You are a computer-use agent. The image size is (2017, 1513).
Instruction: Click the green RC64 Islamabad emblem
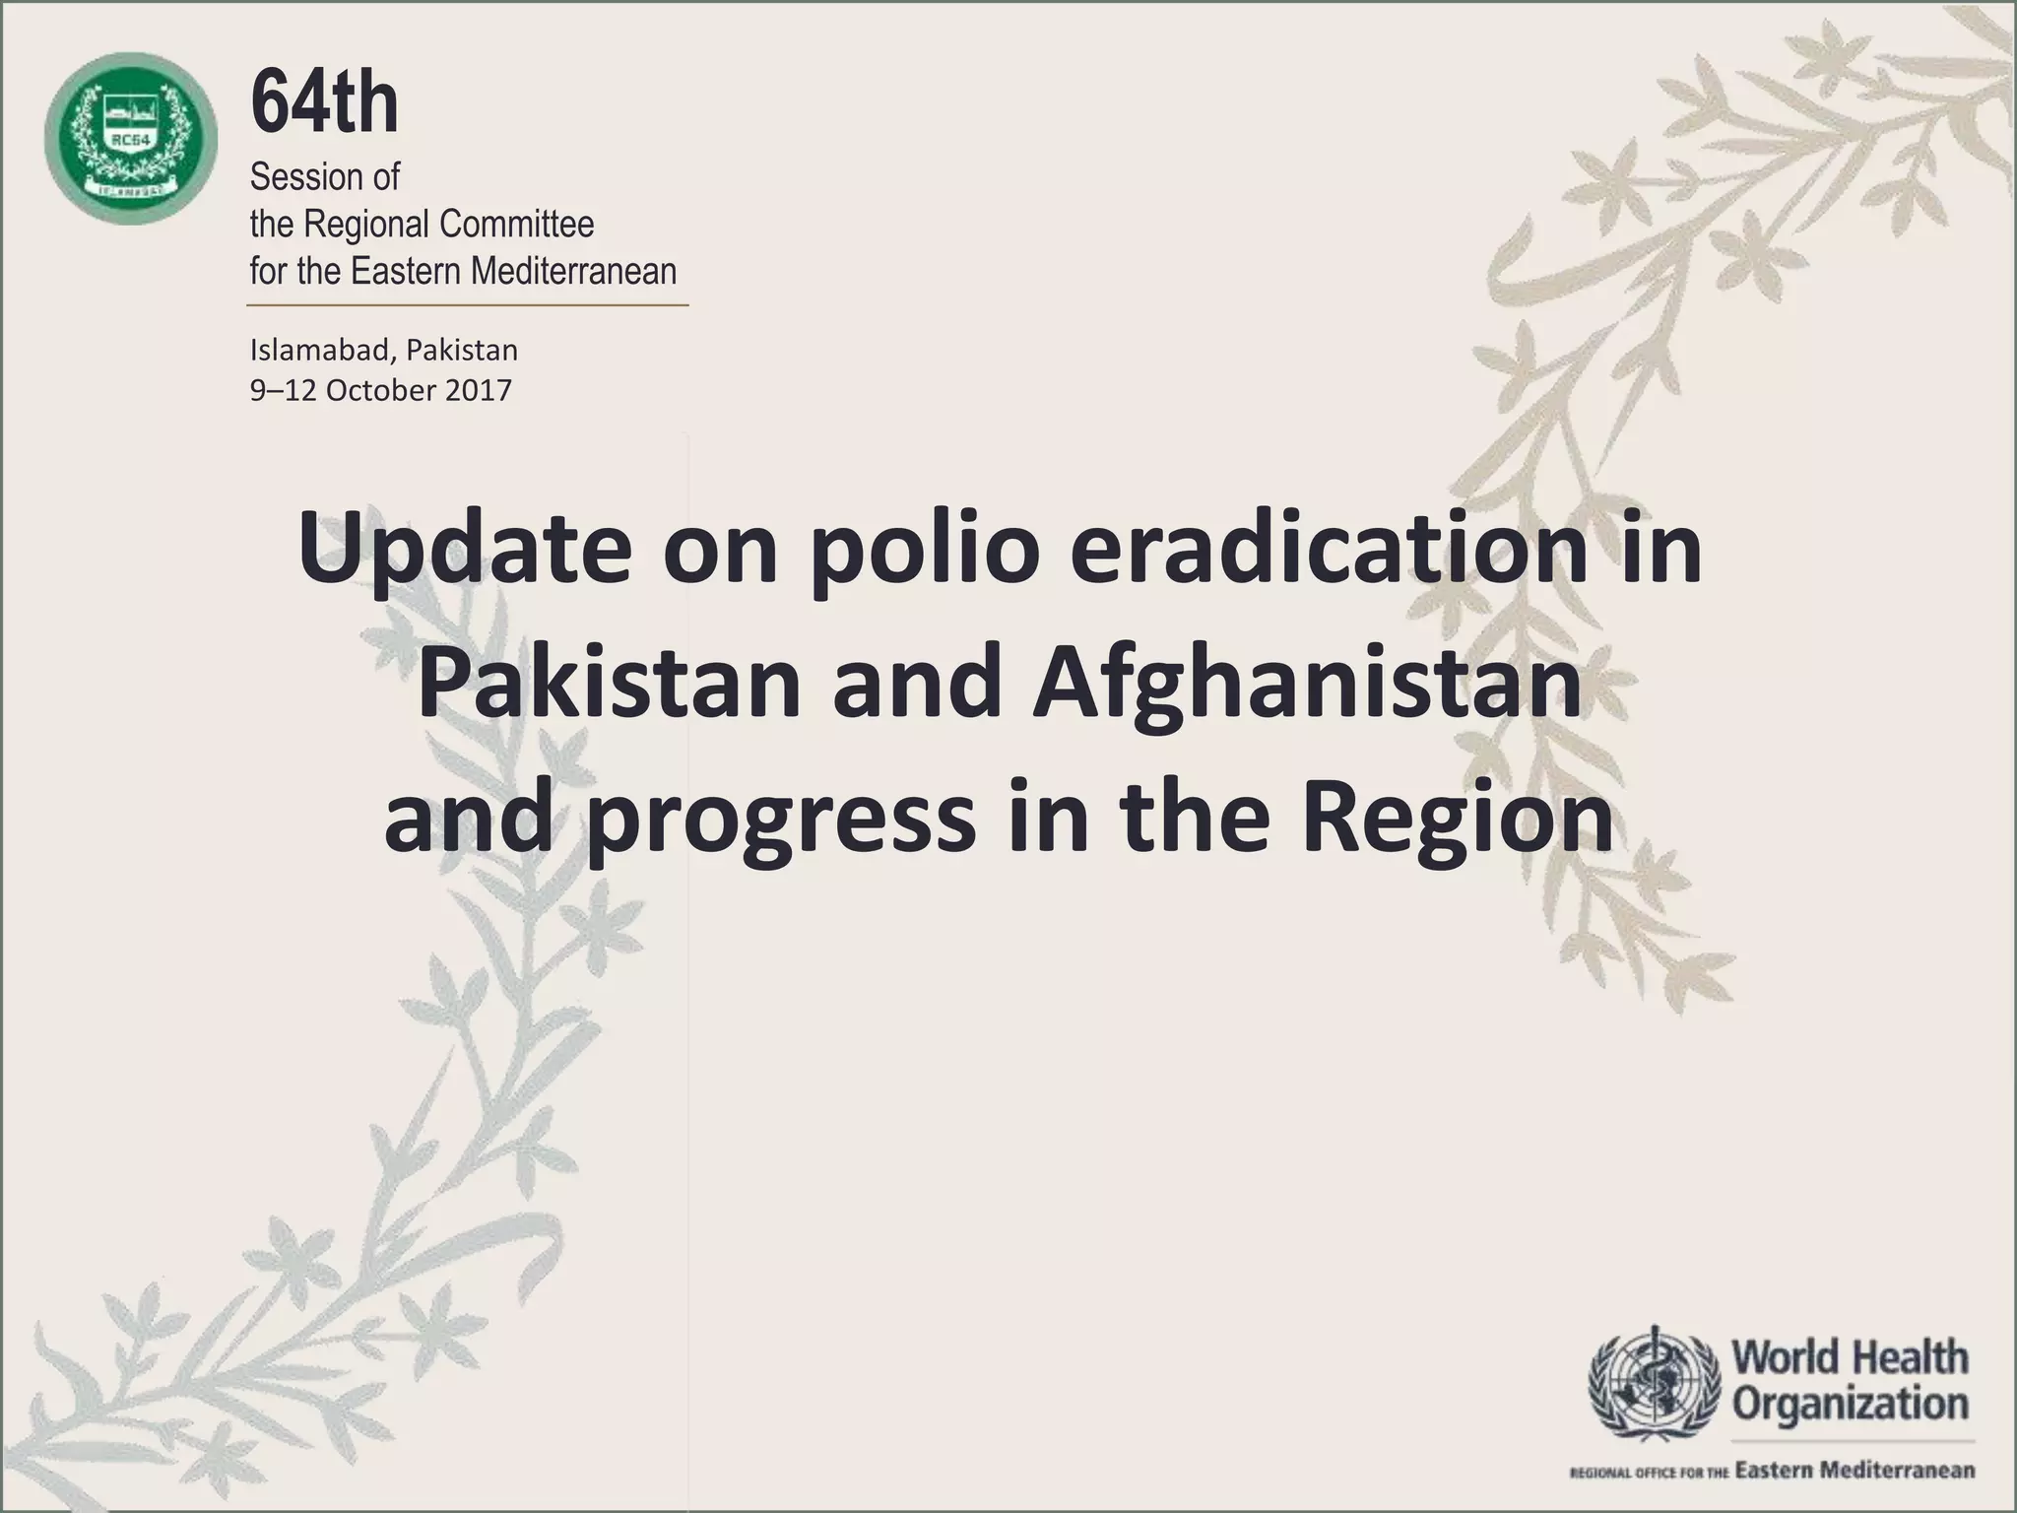130,138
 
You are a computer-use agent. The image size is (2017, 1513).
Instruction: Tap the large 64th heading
324,104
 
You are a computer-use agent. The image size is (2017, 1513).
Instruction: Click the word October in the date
380,391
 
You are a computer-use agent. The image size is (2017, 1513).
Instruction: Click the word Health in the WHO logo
1912,1357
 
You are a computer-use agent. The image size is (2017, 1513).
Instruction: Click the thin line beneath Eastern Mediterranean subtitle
467,305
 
